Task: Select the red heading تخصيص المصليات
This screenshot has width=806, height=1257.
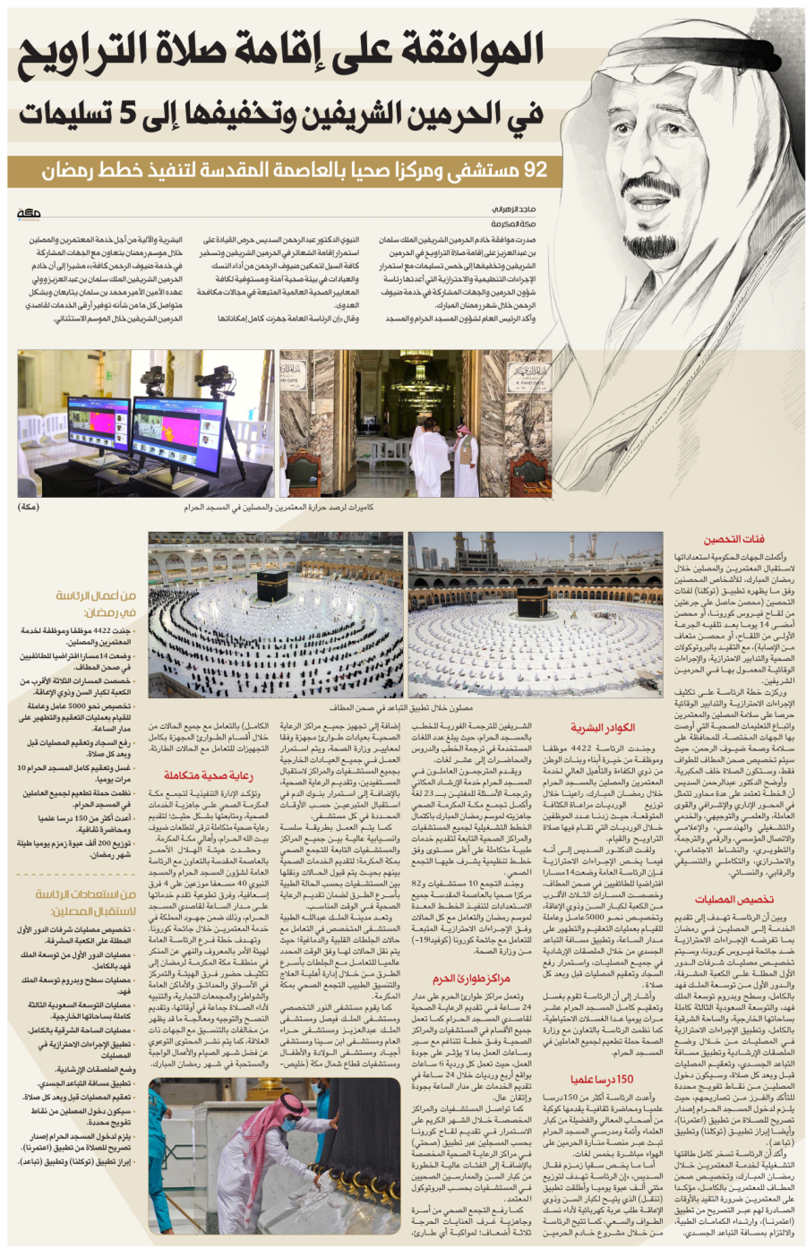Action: pos(733,900)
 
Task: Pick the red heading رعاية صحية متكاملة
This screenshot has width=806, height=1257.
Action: pos(209,774)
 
